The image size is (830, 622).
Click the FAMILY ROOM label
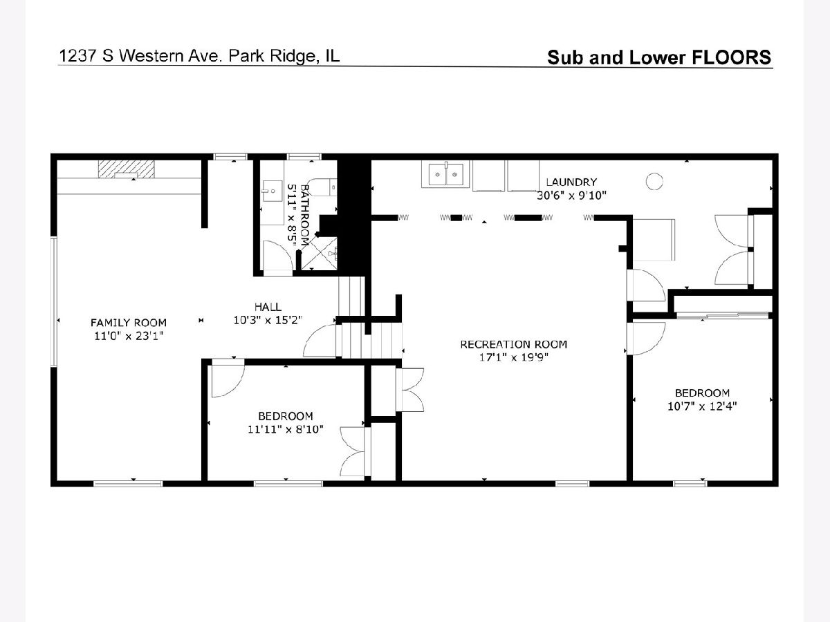[x=129, y=323]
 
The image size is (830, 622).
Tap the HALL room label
[x=268, y=307]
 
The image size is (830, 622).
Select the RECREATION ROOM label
[x=513, y=344]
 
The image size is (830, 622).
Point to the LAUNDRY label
[x=571, y=182]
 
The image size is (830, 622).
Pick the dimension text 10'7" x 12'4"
[x=702, y=406]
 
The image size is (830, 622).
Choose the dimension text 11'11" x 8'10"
[x=286, y=429]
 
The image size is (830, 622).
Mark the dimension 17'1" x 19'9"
[x=513, y=357]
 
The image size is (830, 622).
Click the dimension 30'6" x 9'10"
[x=571, y=196]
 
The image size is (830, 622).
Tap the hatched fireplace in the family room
[x=127, y=169]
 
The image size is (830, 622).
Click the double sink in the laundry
[x=445, y=173]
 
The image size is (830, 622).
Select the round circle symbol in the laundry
[x=654, y=182]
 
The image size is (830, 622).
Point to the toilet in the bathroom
[x=321, y=187]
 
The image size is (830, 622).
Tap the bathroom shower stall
[x=318, y=253]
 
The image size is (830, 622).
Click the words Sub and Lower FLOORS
[x=659, y=57]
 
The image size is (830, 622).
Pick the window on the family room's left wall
[x=54, y=301]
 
